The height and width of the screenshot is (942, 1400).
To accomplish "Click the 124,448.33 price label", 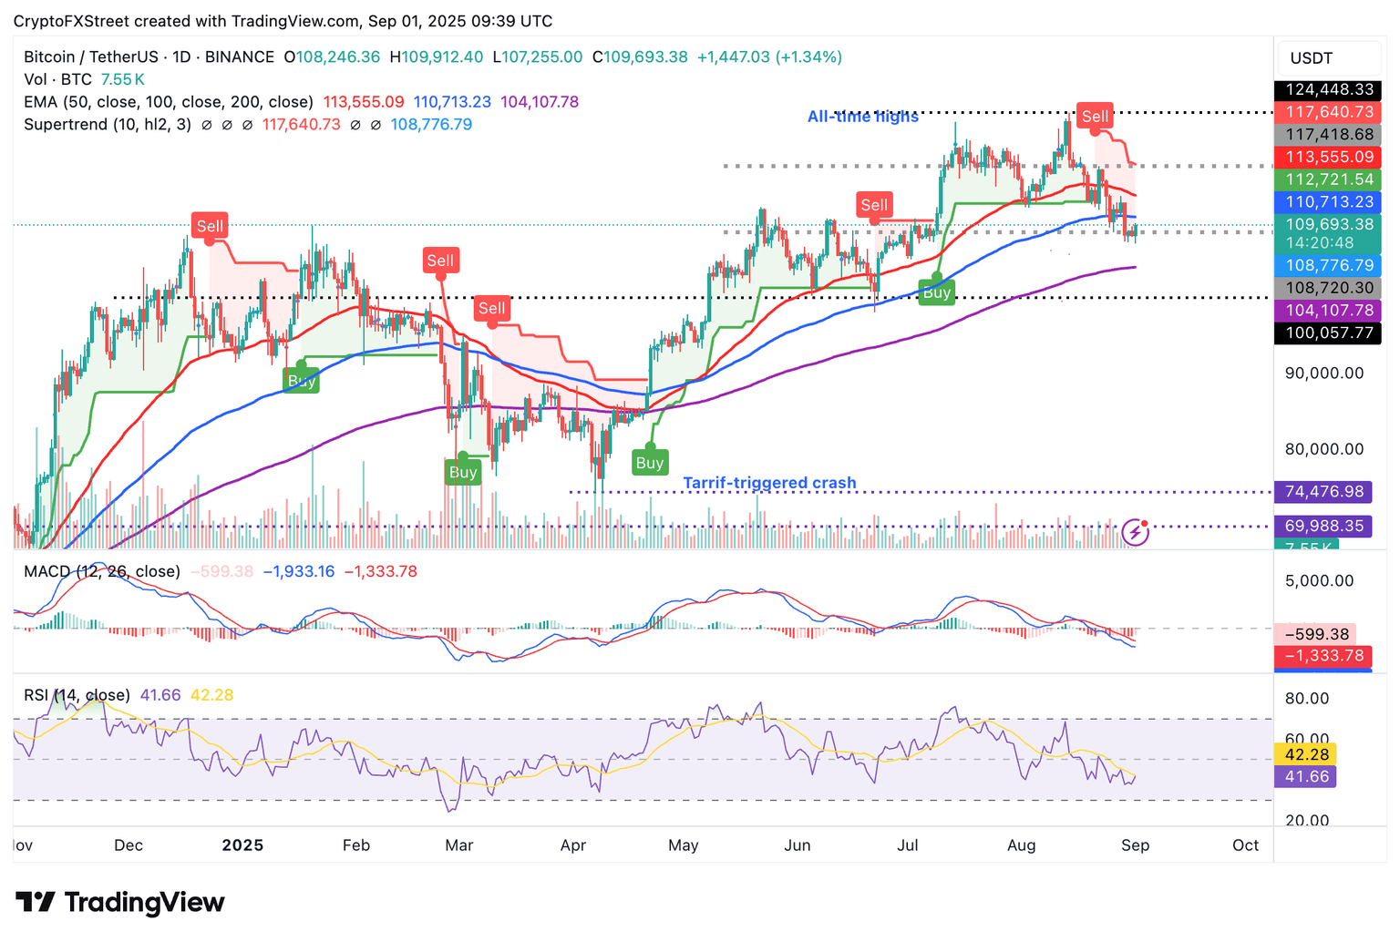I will tap(1329, 89).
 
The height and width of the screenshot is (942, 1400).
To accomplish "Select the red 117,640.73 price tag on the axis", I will tap(1329, 112).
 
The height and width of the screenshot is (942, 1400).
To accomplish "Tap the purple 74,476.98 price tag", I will tap(1323, 492).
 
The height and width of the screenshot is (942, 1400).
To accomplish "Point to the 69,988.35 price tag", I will tap(1323, 526).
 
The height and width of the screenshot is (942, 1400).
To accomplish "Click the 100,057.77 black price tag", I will tap(1329, 333).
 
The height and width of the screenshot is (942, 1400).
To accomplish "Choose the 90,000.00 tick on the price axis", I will tap(1324, 373).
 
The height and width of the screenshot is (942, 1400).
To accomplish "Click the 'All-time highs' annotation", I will tap(862, 117).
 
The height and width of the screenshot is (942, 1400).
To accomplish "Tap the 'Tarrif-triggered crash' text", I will tap(769, 483).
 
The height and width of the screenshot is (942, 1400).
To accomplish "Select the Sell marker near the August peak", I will tap(1095, 117).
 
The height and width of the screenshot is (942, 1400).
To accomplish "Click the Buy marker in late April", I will tap(649, 463).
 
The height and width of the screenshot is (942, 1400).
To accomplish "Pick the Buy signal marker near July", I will tap(937, 292).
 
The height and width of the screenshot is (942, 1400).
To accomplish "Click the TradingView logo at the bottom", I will tap(120, 903).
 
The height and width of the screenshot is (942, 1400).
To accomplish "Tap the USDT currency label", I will tap(1311, 58).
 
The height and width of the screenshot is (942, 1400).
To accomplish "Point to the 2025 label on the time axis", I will tap(242, 845).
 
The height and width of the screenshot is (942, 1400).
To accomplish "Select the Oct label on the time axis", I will tap(1245, 845).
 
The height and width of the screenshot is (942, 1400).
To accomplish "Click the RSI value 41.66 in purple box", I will tap(1307, 776).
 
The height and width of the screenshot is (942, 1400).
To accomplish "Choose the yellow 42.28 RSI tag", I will tap(1307, 754).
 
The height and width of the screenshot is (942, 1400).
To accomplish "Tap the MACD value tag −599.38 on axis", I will tap(1316, 634).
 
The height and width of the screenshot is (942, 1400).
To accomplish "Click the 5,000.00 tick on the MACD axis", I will tap(1318, 580).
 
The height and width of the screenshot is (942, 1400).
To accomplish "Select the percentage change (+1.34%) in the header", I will tap(808, 56).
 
